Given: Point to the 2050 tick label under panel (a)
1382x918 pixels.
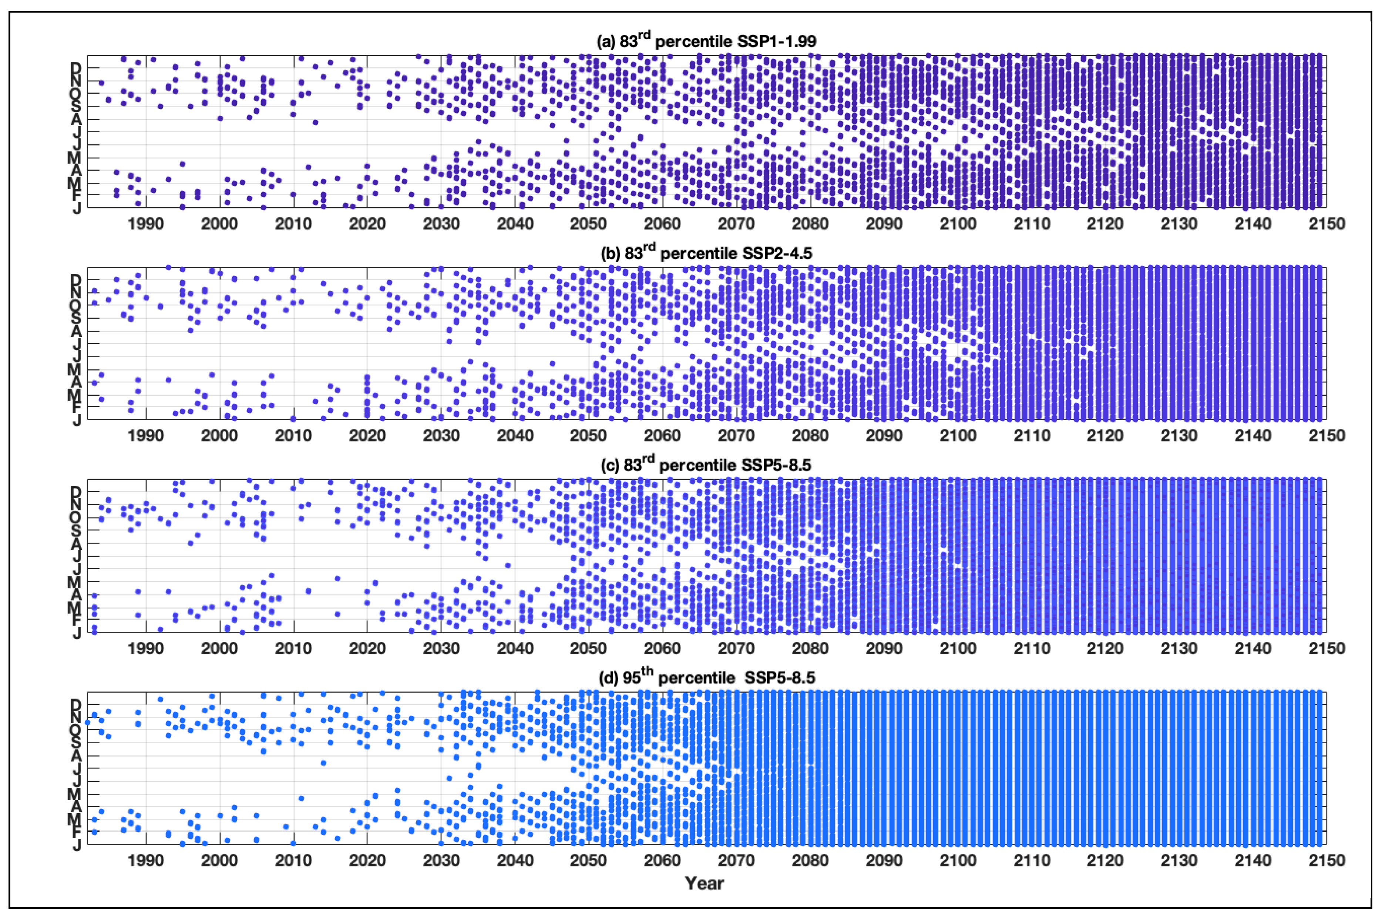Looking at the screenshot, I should click(x=589, y=224).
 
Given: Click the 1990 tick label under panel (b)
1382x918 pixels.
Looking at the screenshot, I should click(x=146, y=436).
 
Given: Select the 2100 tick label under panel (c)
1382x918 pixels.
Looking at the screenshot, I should click(x=958, y=649).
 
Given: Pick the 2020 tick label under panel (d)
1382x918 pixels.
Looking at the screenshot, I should click(x=367, y=861).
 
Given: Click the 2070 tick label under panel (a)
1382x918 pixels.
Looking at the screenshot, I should click(x=736, y=224).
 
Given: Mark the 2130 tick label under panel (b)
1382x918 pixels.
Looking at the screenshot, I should click(x=1179, y=436).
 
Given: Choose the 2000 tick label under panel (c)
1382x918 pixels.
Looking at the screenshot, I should click(x=219, y=649).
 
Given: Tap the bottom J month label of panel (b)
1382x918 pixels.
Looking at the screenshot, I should click(x=77, y=421).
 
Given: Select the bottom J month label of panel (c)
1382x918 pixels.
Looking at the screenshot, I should click(x=77, y=633).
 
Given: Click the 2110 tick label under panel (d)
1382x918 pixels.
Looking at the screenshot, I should click(x=1032, y=861).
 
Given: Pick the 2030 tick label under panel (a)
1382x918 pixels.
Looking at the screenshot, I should click(x=441, y=224).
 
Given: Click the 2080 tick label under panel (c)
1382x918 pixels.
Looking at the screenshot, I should click(x=810, y=649).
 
